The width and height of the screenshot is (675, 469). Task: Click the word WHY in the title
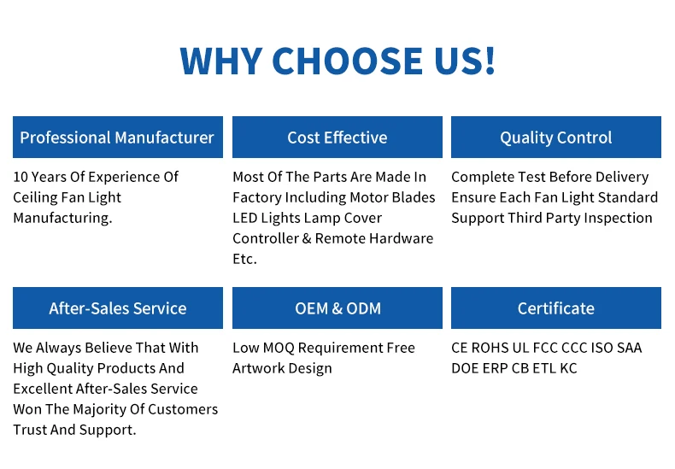coord(221,61)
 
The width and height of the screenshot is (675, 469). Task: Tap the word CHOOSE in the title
coord(348,61)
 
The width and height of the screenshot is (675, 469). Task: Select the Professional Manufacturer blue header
coord(118,137)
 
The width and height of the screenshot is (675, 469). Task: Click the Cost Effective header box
coord(337,137)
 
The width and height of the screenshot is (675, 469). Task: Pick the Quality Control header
coord(556,137)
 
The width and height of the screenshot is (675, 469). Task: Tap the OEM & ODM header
coord(337,308)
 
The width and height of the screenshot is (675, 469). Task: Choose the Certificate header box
coord(556,308)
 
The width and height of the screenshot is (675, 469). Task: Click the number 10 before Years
coord(21,177)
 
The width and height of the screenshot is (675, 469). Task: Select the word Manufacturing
coord(63,218)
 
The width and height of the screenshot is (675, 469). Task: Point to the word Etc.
coord(245,259)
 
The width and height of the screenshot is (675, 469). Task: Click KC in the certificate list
coord(568,368)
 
